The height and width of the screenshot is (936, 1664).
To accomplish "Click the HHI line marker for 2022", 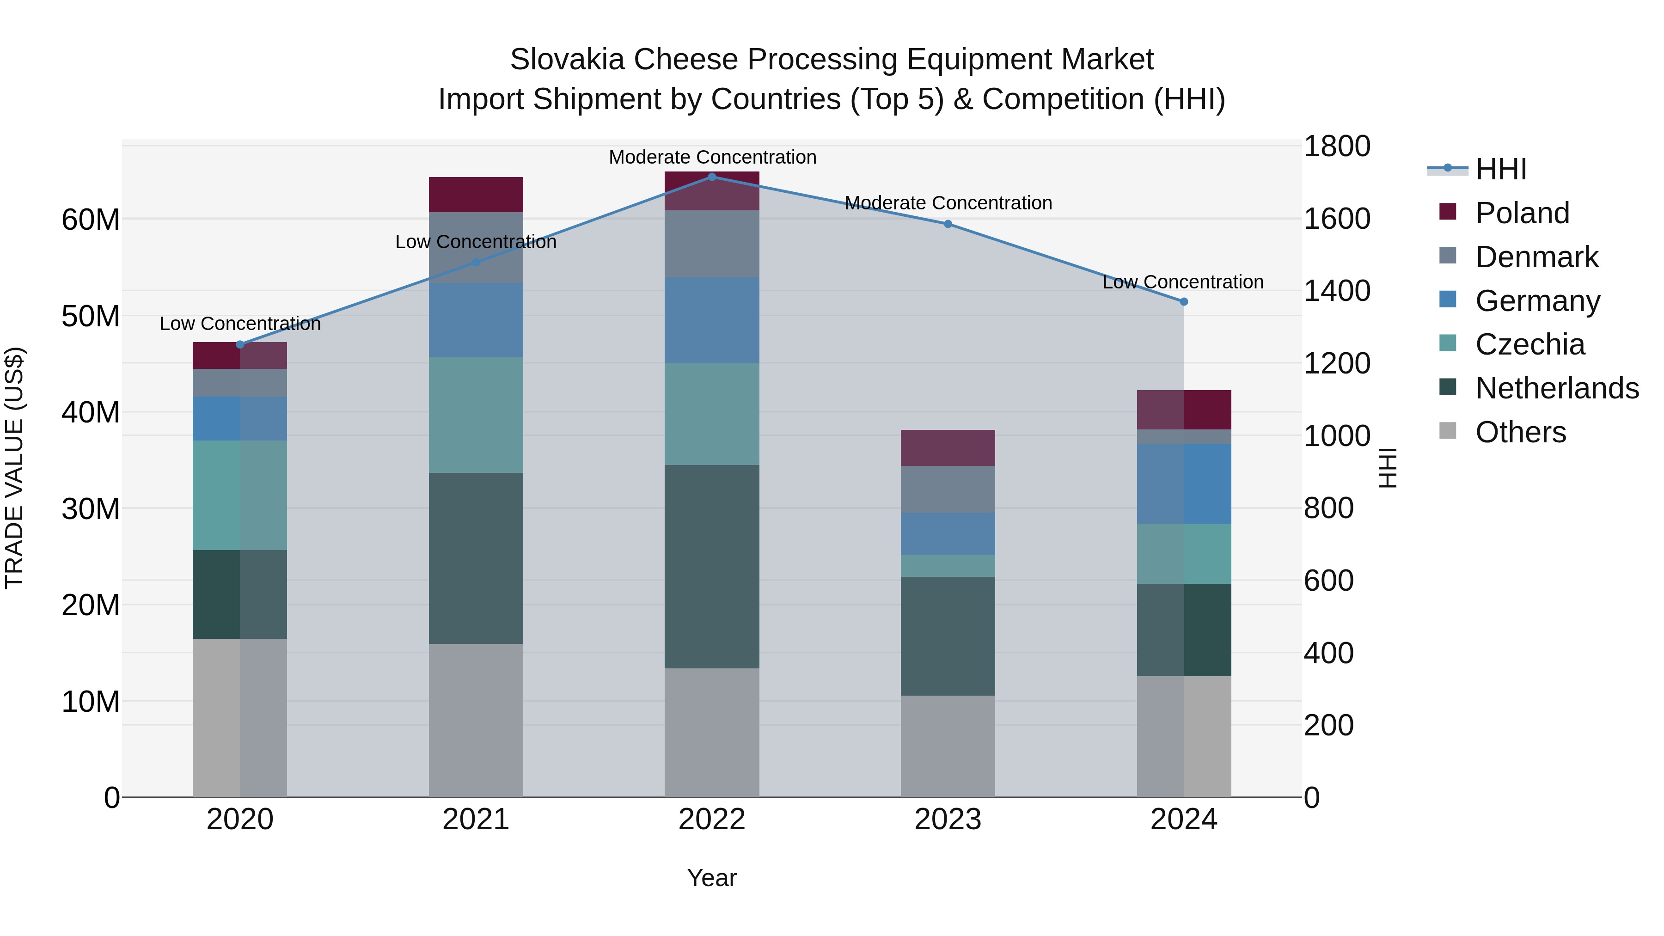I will click(x=712, y=177).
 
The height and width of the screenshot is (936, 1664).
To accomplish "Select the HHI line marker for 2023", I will click(x=948, y=224).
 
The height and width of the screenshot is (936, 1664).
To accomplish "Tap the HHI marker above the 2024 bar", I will click(x=1183, y=302).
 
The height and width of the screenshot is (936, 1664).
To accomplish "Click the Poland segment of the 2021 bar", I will click(x=476, y=195).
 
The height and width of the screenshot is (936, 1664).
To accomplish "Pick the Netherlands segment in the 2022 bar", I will click(x=712, y=567).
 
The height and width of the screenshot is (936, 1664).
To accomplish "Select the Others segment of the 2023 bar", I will click(x=948, y=746).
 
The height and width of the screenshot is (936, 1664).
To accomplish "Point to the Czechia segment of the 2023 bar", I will click(x=948, y=566).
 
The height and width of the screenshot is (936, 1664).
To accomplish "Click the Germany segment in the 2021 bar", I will click(x=476, y=320).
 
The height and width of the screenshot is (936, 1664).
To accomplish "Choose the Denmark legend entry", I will click(x=1536, y=257).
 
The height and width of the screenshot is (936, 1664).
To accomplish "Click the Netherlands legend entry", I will click(x=1557, y=388).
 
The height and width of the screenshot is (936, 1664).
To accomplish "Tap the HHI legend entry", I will click(x=1500, y=169).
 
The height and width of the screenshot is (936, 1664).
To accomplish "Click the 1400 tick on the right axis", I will click(x=1336, y=291).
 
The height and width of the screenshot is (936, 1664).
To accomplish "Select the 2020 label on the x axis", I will click(x=239, y=820).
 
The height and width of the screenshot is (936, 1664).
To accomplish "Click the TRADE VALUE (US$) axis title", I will click(x=14, y=468).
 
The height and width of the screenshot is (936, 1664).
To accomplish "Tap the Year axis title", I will click(x=711, y=878).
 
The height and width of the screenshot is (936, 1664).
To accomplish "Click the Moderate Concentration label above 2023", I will click(x=948, y=203).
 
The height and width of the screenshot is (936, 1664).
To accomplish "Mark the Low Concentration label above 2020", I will click(x=239, y=324).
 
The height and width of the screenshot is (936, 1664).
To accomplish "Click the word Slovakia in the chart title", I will click(x=567, y=60).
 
